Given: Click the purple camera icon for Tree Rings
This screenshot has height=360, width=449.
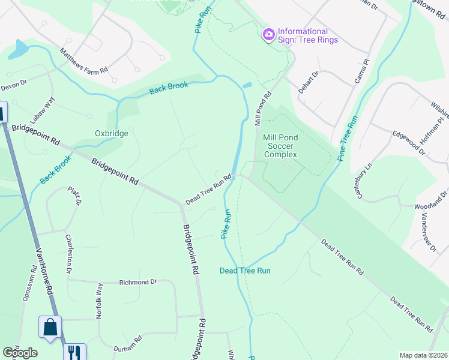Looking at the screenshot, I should click(x=268, y=35).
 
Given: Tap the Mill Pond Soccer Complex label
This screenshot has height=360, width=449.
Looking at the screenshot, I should click(x=280, y=146).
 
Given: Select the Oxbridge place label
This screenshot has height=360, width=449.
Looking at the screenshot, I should click(x=112, y=133).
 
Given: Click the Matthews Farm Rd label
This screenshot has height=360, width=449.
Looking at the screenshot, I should click(x=83, y=61).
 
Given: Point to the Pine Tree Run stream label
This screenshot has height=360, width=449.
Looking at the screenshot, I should click(x=348, y=137).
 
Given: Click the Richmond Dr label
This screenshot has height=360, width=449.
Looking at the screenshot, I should click(x=137, y=281).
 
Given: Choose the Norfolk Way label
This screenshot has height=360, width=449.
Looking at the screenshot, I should click(x=99, y=300).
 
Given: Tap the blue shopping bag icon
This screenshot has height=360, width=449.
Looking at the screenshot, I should click(x=50, y=328).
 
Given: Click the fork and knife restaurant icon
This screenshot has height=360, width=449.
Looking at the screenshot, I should click(x=74, y=352).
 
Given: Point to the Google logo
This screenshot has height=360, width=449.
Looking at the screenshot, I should click(x=20, y=353).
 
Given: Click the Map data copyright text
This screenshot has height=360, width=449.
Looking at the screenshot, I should click(x=423, y=355).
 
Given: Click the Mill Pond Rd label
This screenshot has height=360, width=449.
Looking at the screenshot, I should click(x=264, y=109).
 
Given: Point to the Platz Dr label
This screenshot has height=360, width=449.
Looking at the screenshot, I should click(x=74, y=196).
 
